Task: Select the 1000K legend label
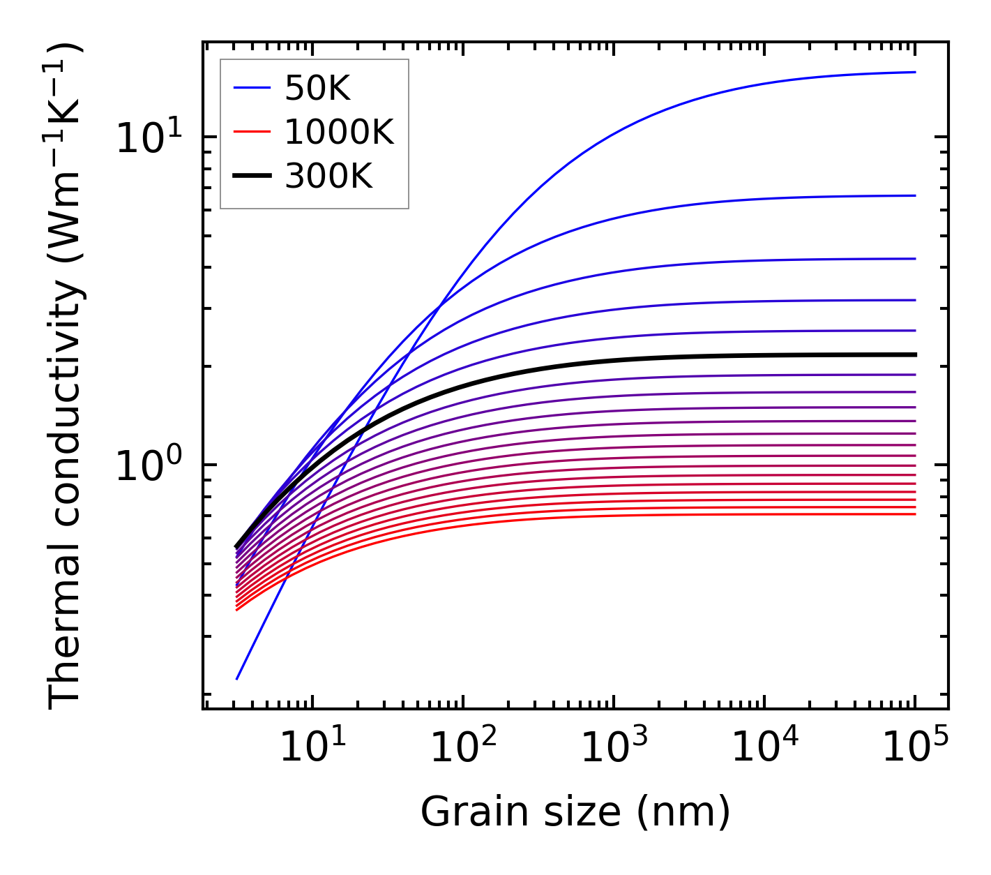339,132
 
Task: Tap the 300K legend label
328,177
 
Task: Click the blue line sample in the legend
251,88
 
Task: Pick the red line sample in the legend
251,132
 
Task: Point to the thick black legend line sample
251,177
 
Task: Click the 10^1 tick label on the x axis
312,749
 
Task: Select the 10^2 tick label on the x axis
463,749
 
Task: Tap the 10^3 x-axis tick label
614,749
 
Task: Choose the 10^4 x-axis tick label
764,749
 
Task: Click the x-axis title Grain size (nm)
575,812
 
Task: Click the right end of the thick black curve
914,354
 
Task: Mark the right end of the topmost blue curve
914,72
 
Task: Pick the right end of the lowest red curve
914,514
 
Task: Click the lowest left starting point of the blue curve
237,678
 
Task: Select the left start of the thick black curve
237,547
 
